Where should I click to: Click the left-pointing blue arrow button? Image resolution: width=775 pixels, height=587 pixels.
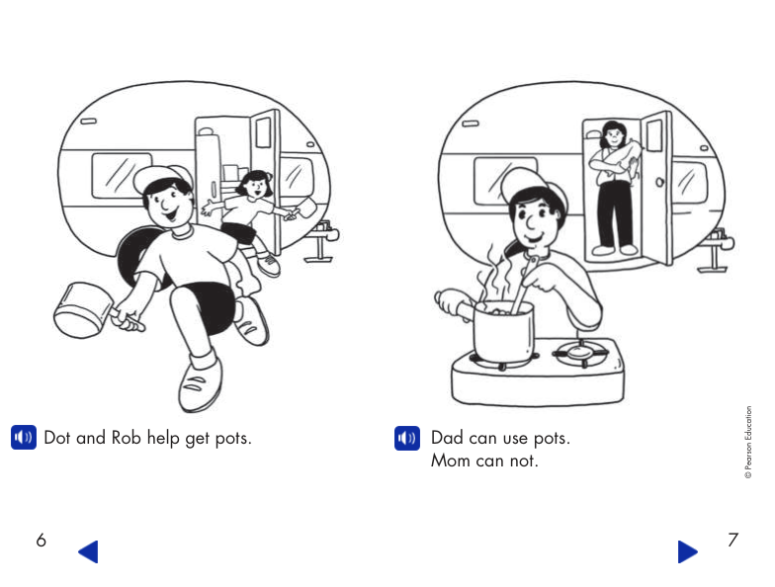[x=88, y=550]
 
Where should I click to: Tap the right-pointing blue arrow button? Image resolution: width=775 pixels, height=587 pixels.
[x=688, y=550]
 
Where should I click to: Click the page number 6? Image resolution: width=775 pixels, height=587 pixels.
[x=41, y=540]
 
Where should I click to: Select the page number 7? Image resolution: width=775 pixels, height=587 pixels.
[x=732, y=540]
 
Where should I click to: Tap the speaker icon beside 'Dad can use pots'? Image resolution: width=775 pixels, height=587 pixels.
[x=407, y=438]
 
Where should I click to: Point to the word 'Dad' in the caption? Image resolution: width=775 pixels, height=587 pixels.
[x=448, y=438]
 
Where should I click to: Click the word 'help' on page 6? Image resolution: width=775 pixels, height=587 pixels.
[x=163, y=438]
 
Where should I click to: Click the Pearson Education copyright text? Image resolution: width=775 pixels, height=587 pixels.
[x=748, y=443]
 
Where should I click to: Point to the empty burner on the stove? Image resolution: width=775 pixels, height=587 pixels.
[x=578, y=352]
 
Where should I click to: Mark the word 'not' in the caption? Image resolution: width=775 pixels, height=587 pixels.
[x=524, y=461]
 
